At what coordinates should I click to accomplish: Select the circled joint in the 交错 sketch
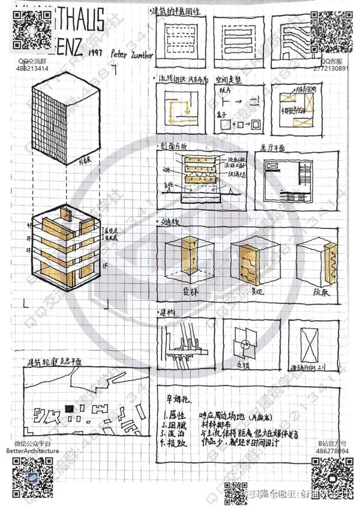point(244,345)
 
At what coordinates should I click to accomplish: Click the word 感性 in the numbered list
point(178,414)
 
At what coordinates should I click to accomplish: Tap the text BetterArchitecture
point(33,450)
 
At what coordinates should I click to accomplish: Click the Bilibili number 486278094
point(333,450)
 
